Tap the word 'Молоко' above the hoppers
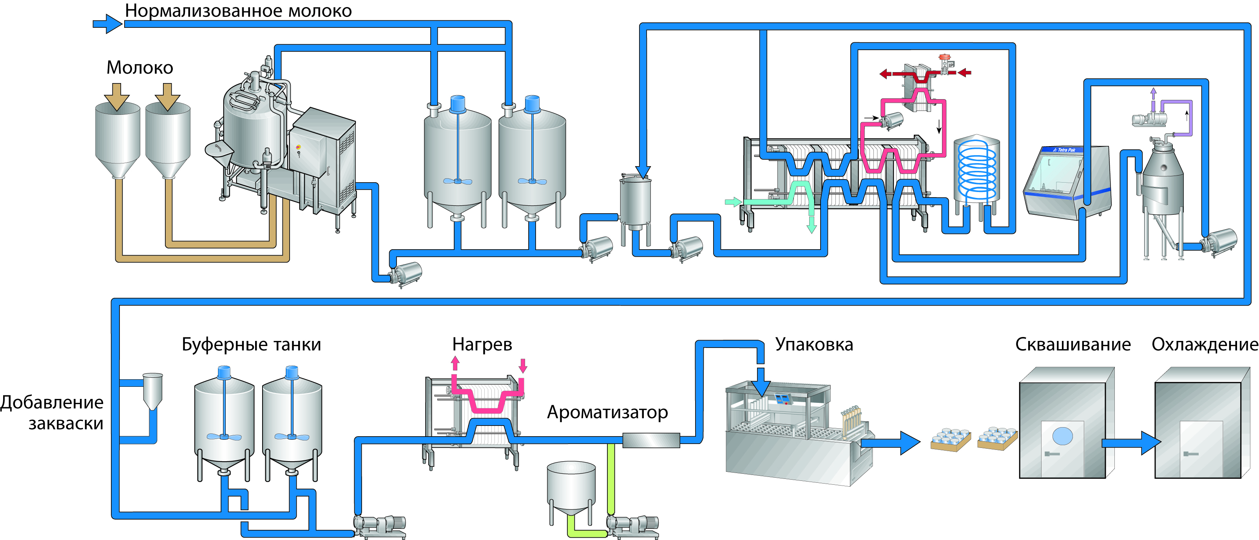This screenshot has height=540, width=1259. coord(140,67)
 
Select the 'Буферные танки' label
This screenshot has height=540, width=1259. coord(251,344)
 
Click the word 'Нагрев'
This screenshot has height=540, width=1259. coord(482,344)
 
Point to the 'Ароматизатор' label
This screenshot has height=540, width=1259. coord(607,412)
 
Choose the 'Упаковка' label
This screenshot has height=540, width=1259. coord(814,344)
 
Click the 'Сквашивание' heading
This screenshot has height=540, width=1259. coord(1073,344)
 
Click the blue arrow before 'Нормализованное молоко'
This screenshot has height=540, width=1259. coord(107,24)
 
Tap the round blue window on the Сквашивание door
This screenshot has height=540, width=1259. coord(1062,435)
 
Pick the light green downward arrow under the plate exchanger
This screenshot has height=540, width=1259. coord(811,225)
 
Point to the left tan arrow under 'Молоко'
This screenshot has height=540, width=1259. coord(117,96)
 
